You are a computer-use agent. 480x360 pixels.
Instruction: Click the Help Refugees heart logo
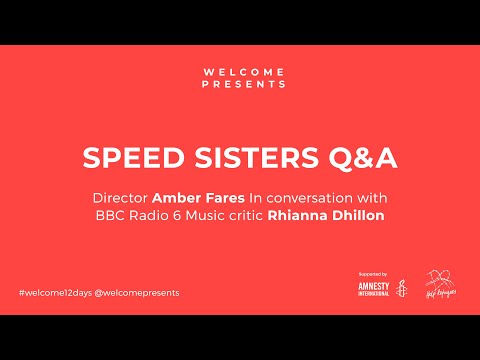439,282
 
